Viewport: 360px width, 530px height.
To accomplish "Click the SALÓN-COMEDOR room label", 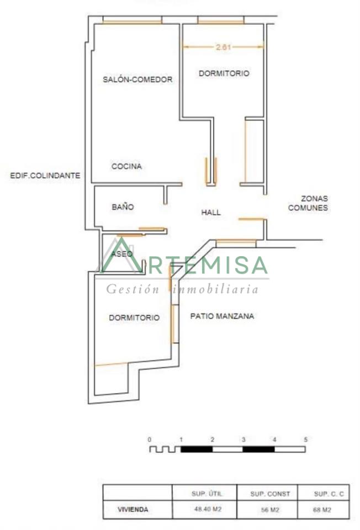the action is click(x=137, y=79).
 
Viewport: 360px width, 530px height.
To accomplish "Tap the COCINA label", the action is click(x=126, y=166).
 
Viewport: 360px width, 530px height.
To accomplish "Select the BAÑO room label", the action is click(x=123, y=206).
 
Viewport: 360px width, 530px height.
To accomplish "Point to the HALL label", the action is click(x=211, y=212).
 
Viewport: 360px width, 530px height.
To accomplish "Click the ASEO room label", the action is click(x=122, y=253).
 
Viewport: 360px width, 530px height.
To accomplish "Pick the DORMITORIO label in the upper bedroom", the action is click(x=224, y=73).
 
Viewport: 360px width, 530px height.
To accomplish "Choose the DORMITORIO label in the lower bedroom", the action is click(x=134, y=318).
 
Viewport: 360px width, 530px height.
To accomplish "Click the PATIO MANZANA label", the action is click(x=222, y=316).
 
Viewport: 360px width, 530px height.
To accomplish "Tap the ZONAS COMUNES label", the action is click(x=308, y=203).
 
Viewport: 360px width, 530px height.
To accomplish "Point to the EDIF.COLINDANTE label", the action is click(x=45, y=176).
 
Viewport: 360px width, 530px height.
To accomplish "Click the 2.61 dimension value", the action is click(x=223, y=47).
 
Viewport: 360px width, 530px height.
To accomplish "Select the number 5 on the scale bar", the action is click(x=305, y=439).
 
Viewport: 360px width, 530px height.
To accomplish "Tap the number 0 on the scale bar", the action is click(x=150, y=439).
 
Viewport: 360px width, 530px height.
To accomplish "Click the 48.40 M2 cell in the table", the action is click(x=208, y=508).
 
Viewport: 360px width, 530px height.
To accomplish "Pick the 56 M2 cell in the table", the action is click(x=270, y=510).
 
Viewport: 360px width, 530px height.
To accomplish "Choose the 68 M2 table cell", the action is click(x=322, y=510).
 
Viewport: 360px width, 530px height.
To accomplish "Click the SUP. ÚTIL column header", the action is click(x=207, y=494).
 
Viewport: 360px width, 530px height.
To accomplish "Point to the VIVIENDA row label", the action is click(x=133, y=510).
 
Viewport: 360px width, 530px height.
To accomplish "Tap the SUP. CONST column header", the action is click(x=270, y=494).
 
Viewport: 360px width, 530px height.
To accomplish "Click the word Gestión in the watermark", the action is click(x=133, y=289).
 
